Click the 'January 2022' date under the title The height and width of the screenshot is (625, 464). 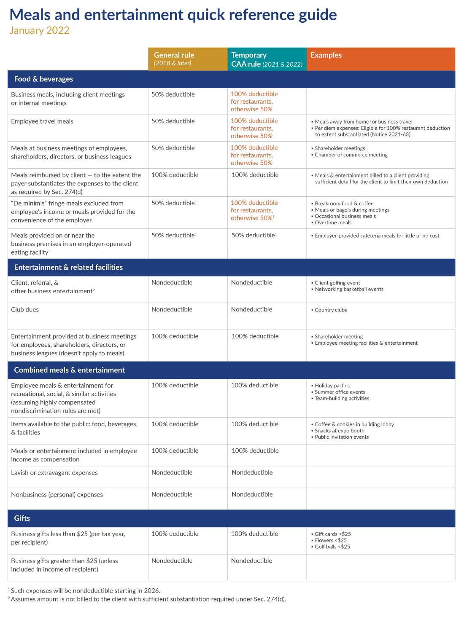pos(40,30)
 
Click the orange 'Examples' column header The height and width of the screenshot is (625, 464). pos(326,55)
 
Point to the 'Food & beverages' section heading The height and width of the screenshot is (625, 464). pos(43,79)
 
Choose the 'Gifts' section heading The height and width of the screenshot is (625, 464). pos(22,518)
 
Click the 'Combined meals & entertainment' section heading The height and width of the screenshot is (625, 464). pos(69,370)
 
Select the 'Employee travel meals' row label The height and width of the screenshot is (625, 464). pos(42,121)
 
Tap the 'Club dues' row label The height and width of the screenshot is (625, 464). pos(25,310)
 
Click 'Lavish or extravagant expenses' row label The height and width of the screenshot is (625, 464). pos(54,473)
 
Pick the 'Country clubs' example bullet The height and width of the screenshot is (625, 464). pos(331,310)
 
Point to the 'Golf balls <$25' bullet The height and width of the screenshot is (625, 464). pos(332,547)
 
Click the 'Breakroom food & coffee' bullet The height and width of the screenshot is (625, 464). pos(344,204)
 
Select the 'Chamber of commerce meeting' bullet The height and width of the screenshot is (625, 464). pos(351,155)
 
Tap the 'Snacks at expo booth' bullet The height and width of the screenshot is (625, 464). pos(340,431)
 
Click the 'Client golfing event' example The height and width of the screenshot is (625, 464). pos(337,283)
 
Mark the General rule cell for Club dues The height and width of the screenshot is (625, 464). pos(172,310)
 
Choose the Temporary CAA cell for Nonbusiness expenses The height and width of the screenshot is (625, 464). pos(252,495)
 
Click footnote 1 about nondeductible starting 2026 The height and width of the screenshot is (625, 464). pos(84,590)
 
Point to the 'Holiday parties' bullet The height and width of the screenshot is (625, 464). pos(332,386)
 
